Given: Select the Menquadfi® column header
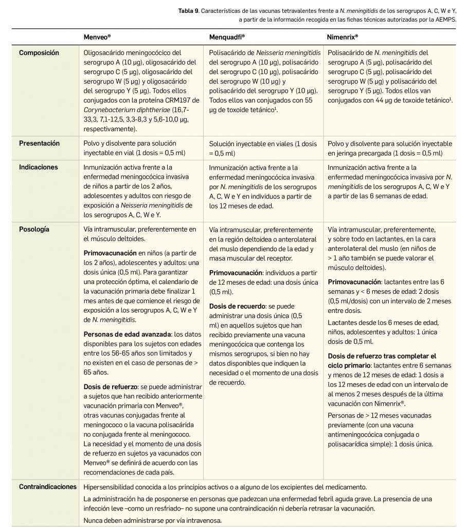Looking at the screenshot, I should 227,37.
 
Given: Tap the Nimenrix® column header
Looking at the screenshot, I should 343,37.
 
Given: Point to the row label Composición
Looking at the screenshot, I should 39,53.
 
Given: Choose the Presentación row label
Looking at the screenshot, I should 39,144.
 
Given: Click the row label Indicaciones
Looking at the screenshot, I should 39,167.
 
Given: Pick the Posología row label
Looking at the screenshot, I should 34,230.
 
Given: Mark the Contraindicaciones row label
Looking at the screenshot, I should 47,487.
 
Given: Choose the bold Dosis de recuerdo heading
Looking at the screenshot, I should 236,306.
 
